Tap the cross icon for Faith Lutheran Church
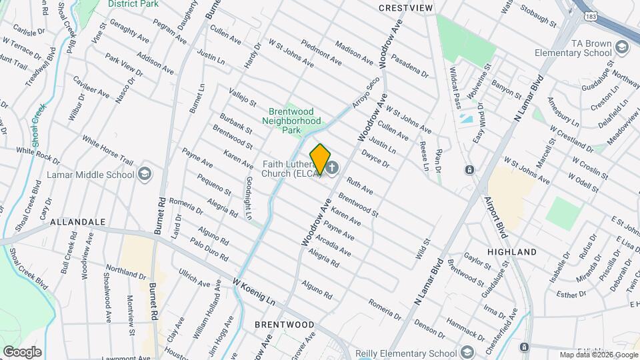(x=333, y=167)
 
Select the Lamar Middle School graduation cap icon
(x=144, y=175)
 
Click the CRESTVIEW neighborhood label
(x=406, y=8)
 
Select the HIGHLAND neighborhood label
(x=512, y=252)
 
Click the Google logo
(x=23, y=351)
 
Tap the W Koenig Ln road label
(x=254, y=292)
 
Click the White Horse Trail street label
(x=108, y=150)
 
